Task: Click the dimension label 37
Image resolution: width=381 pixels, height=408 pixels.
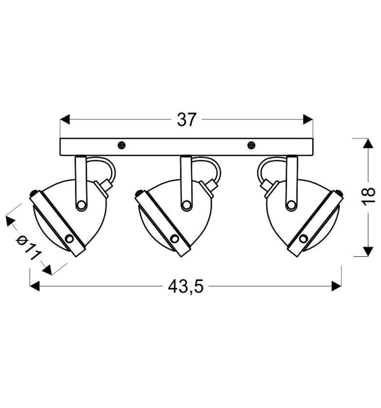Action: tap(186, 120)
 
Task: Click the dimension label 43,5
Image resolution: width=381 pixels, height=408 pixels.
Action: tap(185, 287)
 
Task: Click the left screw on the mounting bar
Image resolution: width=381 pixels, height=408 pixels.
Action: tap(121, 145)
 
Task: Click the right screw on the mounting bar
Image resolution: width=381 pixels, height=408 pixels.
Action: tap(251, 145)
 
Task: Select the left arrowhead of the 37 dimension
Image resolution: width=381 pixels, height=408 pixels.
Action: tap(65, 119)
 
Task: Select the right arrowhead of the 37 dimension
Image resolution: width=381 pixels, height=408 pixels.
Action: tap(308, 119)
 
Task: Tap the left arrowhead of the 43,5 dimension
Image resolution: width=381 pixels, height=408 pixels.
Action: tap(35, 286)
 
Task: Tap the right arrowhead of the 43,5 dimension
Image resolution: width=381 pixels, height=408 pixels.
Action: tap(337, 286)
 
